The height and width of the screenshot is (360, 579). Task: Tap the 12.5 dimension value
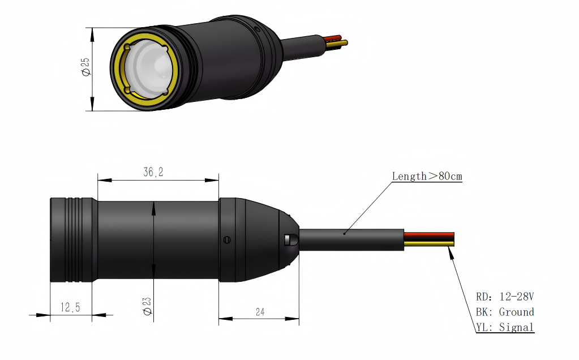click(70, 307)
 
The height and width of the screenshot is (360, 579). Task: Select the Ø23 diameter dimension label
click(147, 306)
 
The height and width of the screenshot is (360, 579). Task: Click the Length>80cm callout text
click(427, 177)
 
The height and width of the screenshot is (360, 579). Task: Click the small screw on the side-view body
click(227, 239)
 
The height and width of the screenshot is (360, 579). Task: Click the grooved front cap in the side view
click(72, 239)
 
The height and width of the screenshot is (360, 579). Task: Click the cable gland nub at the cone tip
click(291, 239)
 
